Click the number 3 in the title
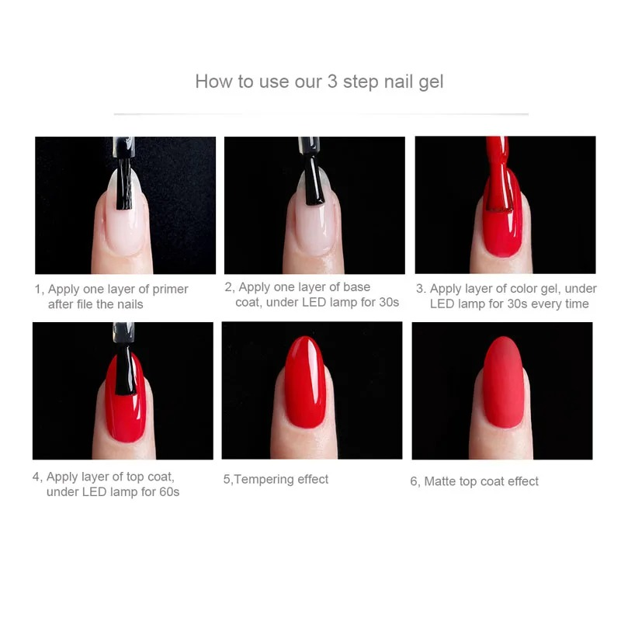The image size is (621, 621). (332, 82)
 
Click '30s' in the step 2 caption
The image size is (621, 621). (387, 302)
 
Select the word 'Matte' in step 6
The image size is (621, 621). (439, 482)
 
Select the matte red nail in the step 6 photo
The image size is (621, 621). (503, 384)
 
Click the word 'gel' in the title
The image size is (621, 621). (429, 82)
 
